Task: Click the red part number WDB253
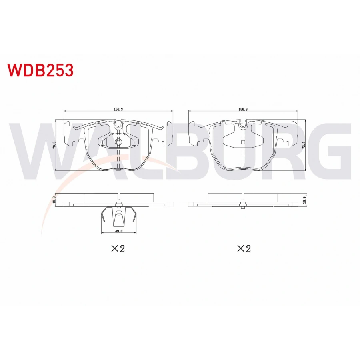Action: pyautogui.click(x=40, y=70)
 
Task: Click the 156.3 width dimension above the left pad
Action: pyautogui.click(x=119, y=108)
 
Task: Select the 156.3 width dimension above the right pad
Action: pyautogui.click(x=243, y=108)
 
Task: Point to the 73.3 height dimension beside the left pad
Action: pyautogui.click(x=54, y=145)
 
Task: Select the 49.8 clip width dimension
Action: pyautogui.click(x=118, y=230)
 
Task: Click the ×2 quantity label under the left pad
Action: pyautogui.click(x=118, y=248)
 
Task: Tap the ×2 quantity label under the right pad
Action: pyautogui.click(x=244, y=248)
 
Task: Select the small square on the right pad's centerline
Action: pyautogui.click(x=243, y=142)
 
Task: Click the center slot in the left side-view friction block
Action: pyautogui.click(x=119, y=196)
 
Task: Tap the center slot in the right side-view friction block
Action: pyautogui.click(x=243, y=196)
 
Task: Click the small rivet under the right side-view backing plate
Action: pyautogui.click(x=243, y=207)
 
